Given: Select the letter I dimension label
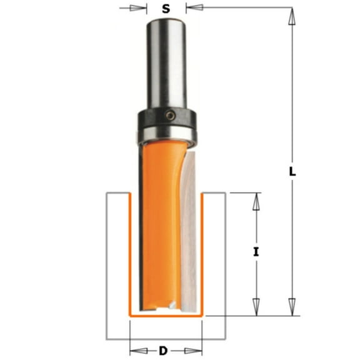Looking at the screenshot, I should (x=256, y=252).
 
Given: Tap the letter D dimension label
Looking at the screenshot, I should (x=164, y=350).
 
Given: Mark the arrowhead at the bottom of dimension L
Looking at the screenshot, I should (x=291, y=306).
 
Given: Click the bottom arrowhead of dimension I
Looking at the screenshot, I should (x=256, y=306).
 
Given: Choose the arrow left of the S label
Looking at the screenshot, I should (x=139, y=8).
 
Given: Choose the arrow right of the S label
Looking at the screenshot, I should (x=193, y=8).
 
